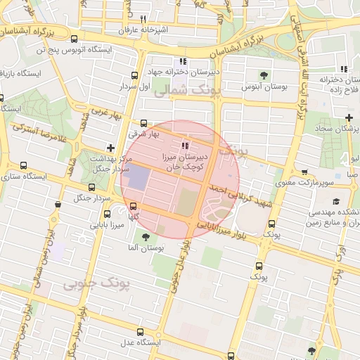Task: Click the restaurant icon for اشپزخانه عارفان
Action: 143,19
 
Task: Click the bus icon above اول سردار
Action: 134,75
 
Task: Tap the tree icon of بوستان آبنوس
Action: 264,75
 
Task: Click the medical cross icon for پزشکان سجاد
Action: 349,117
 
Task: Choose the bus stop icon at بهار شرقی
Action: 144,122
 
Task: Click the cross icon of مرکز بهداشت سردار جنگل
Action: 110,148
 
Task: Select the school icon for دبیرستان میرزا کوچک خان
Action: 186,146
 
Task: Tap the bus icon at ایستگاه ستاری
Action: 24,166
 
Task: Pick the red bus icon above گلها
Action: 134,206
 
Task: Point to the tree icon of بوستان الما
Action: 146,237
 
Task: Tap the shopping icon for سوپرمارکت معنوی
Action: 304,172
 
